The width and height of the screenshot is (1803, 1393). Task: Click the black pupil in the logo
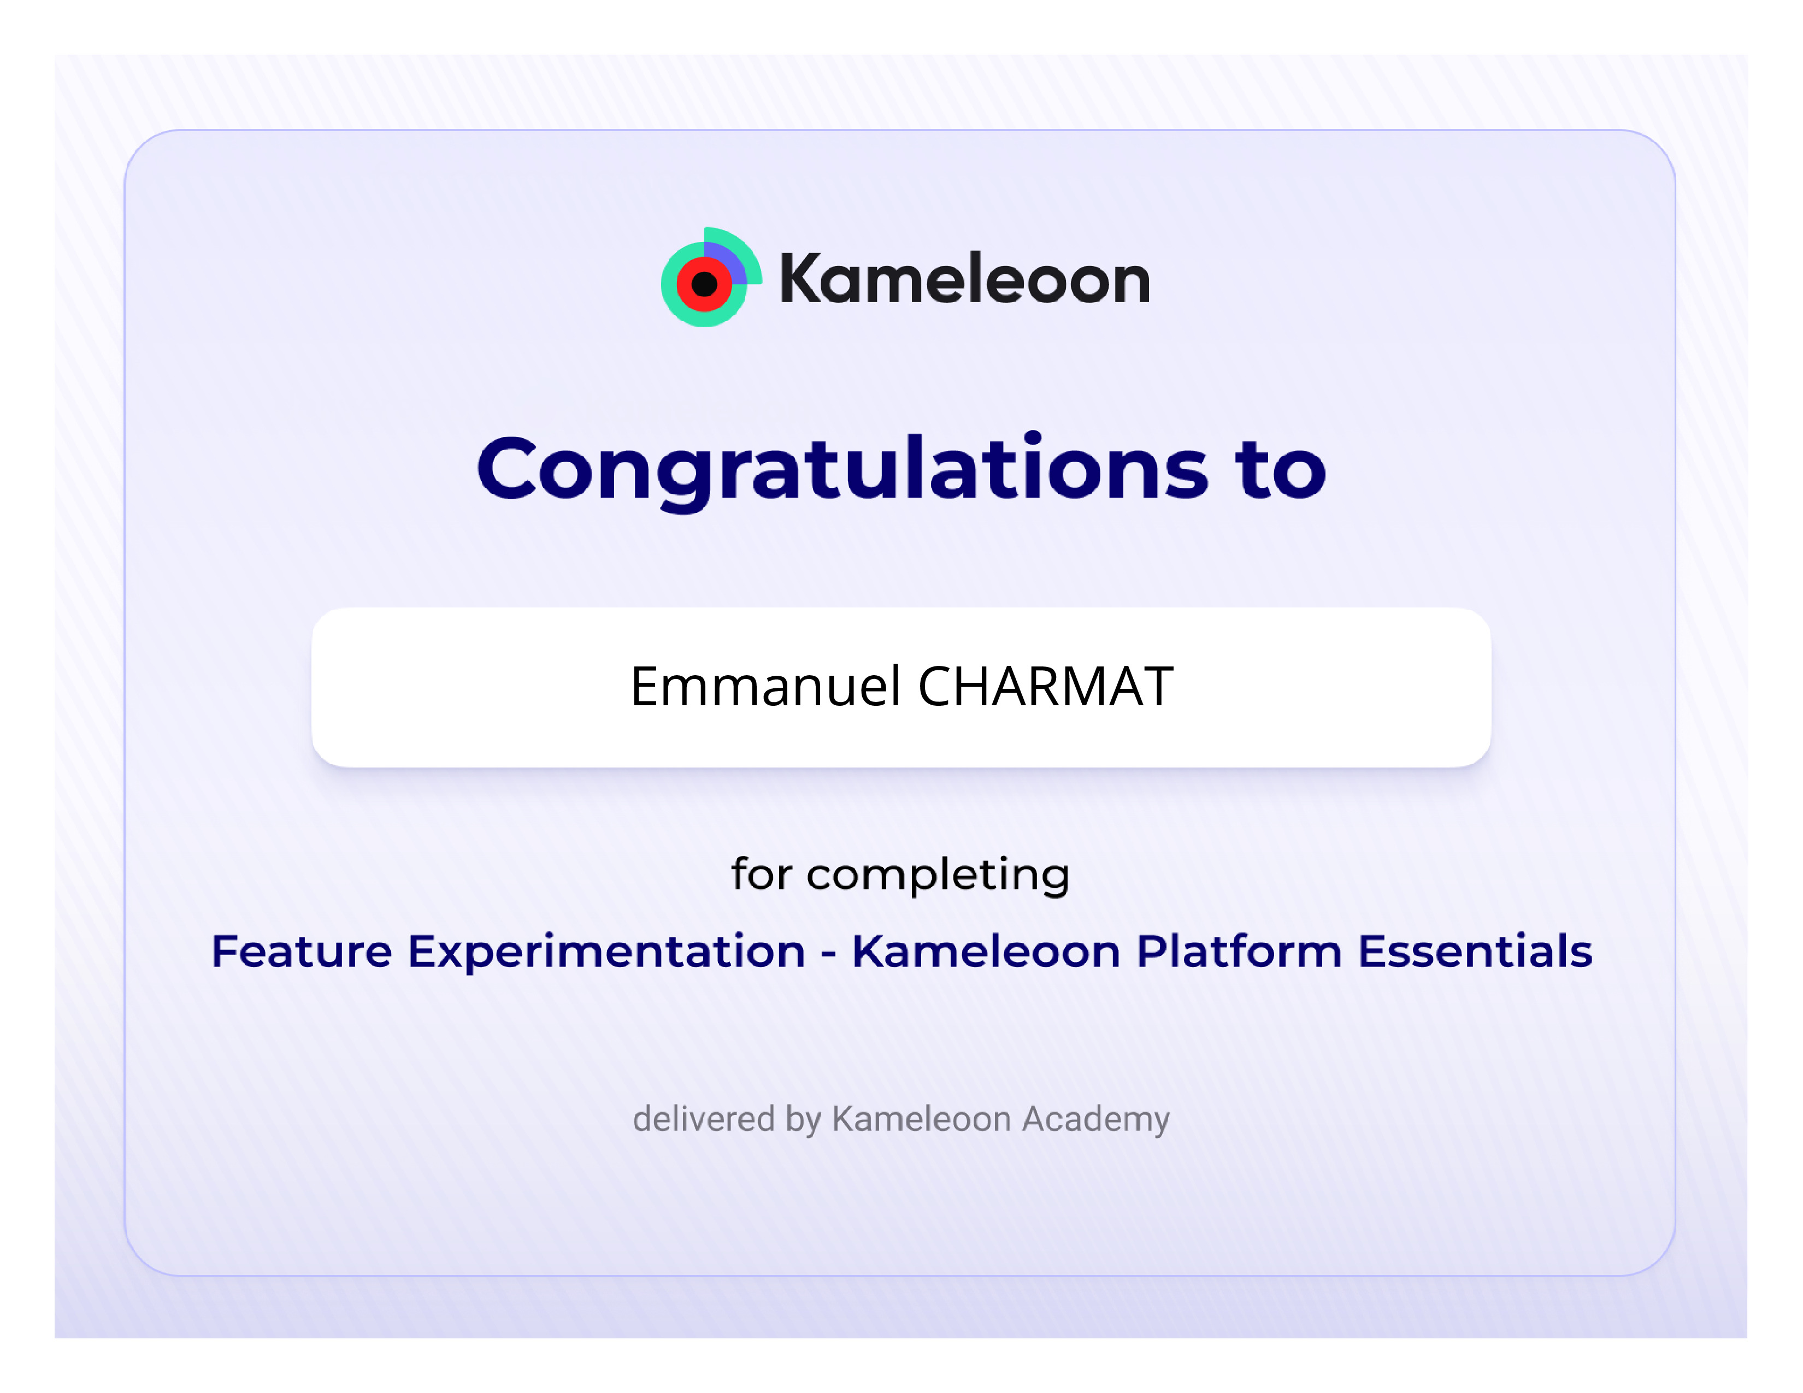click(x=704, y=285)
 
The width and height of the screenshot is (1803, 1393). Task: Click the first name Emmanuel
click(x=765, y=687)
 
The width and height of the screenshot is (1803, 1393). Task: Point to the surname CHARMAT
click(x=1045, y=687)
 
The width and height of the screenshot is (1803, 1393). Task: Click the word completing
click(x=938, y=876)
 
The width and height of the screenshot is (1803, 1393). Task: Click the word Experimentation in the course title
click(x=607, y=952)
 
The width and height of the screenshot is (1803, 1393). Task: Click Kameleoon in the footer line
click(x=921, y=1118)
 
